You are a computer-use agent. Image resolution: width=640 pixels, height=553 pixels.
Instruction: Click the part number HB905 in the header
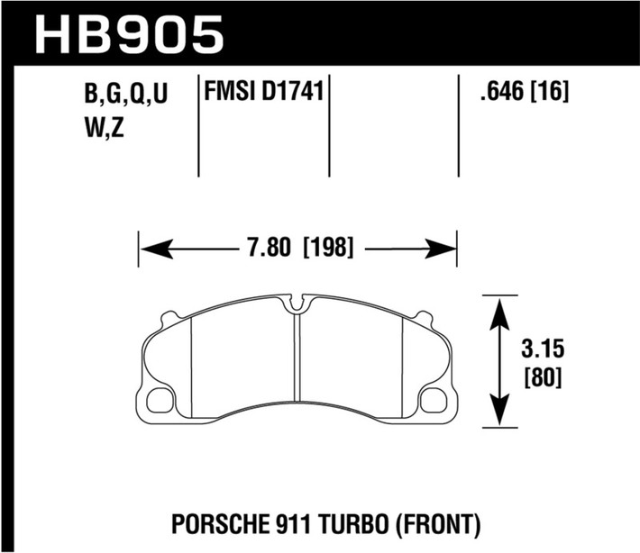point(127,34)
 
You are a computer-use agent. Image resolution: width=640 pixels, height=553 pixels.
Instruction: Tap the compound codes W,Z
point(101,129)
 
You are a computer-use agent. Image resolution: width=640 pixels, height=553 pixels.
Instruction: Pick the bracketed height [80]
point(541,377)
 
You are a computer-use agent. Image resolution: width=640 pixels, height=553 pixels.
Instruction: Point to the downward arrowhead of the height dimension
point(499,416)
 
